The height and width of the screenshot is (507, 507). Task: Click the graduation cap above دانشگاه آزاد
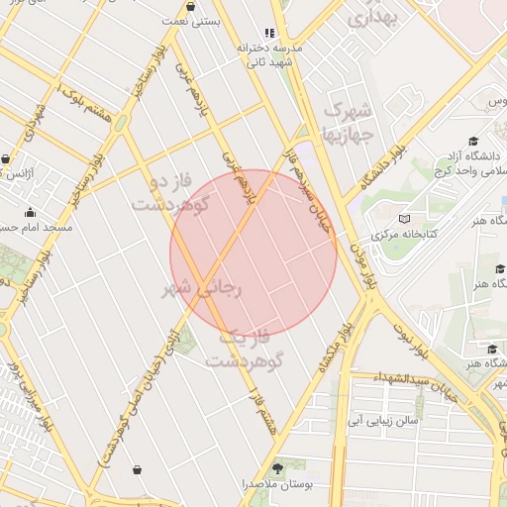coord(473,142)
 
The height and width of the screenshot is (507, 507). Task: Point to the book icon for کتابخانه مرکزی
coord(402,219)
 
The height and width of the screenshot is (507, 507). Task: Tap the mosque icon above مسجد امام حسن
coord(31,212)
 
